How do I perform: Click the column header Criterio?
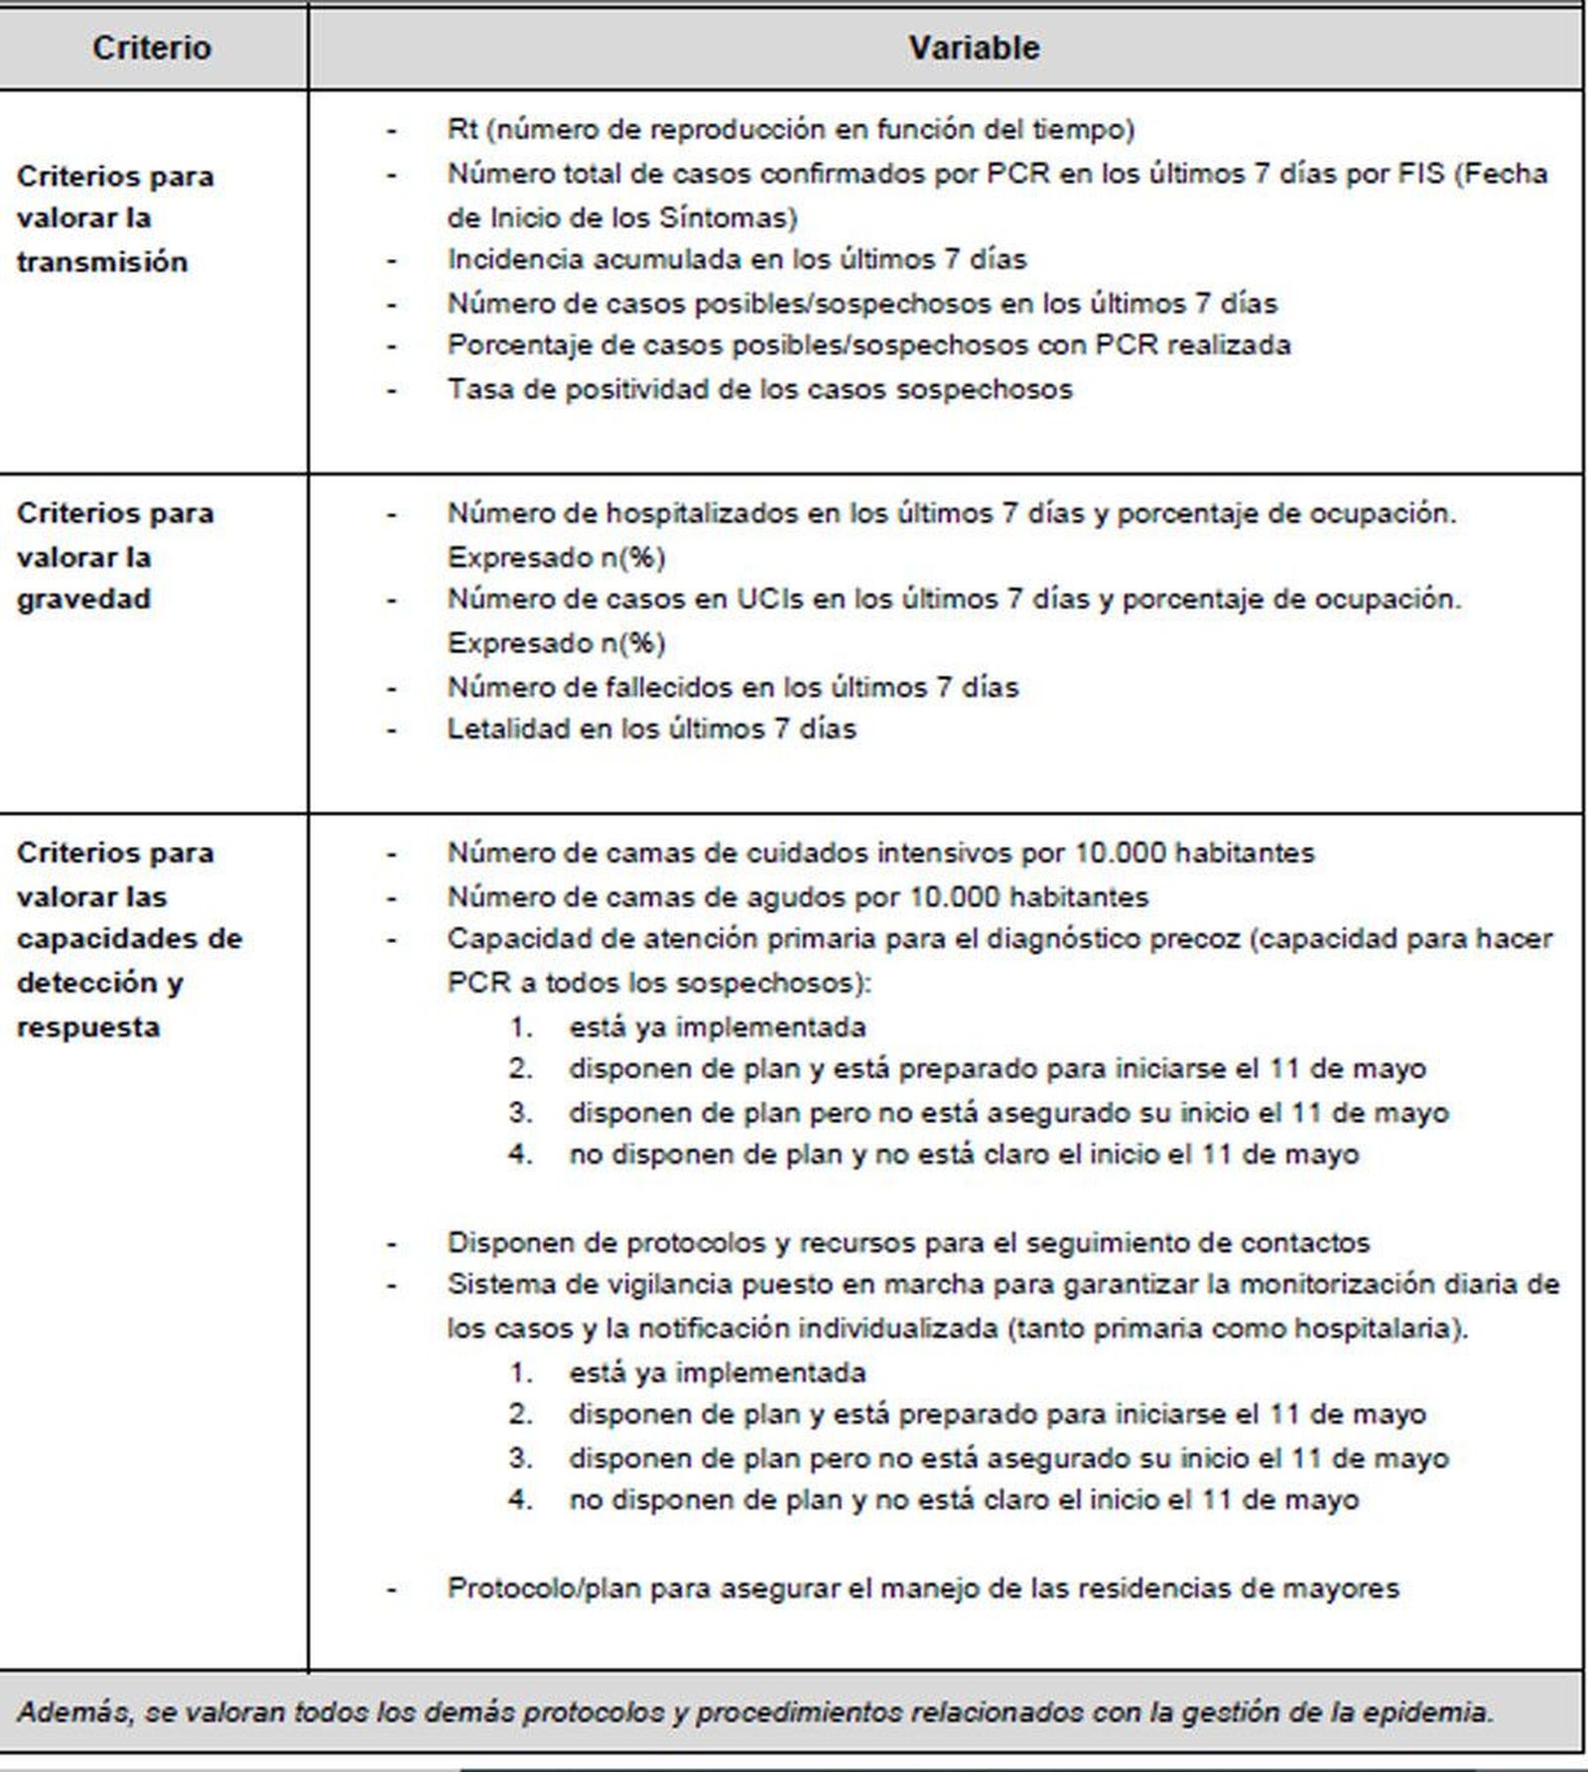coord(152,48)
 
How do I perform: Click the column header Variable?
coord(974,48)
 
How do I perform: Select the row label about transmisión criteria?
coord(115,218)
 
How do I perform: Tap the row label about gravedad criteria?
coord(115,556)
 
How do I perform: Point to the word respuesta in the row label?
coord(88,1026)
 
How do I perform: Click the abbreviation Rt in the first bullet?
coord(463,129)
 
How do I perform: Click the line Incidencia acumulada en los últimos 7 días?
coord(736,259)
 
